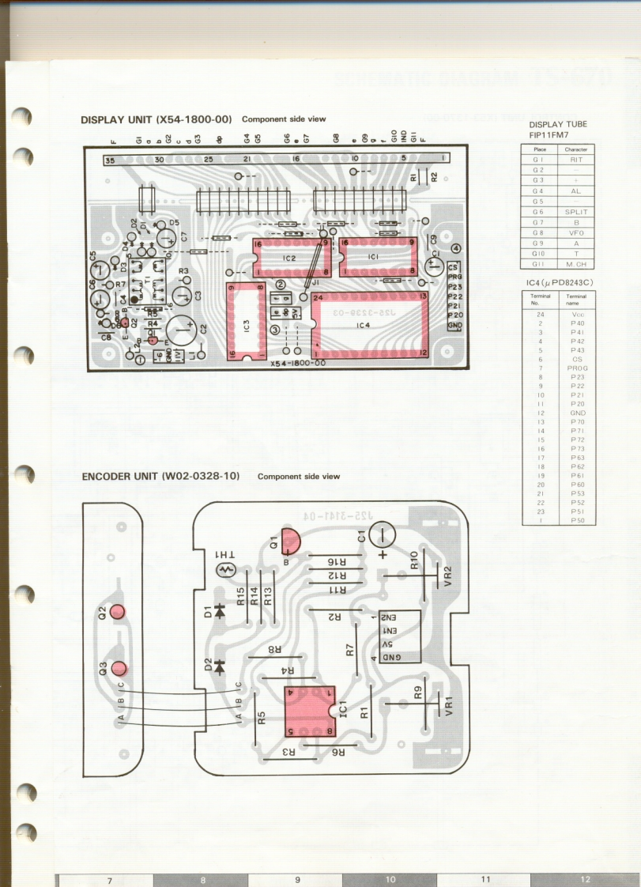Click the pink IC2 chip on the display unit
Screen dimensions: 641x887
click(288, 258)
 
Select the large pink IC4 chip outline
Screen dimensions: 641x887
click(370, 324)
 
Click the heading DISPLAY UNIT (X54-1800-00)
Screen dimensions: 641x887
click(156, 119)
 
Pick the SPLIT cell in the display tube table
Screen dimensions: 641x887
click(575, 212)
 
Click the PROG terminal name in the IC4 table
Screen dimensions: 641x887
click(577, 368)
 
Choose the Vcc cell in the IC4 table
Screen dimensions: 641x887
click(577, 314)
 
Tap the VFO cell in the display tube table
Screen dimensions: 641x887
click(575, 233)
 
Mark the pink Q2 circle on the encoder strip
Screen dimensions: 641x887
click(118, 612)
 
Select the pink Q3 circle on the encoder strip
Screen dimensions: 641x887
click(118, 669)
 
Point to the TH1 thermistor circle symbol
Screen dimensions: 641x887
click(227, 569)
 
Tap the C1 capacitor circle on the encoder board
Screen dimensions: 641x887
click(386, 537)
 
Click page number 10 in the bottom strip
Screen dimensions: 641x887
click(390, 879)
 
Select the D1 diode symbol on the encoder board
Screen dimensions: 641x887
click(220, 611)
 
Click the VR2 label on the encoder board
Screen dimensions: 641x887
click(447, 574)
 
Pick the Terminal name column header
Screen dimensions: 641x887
click(577, 299)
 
